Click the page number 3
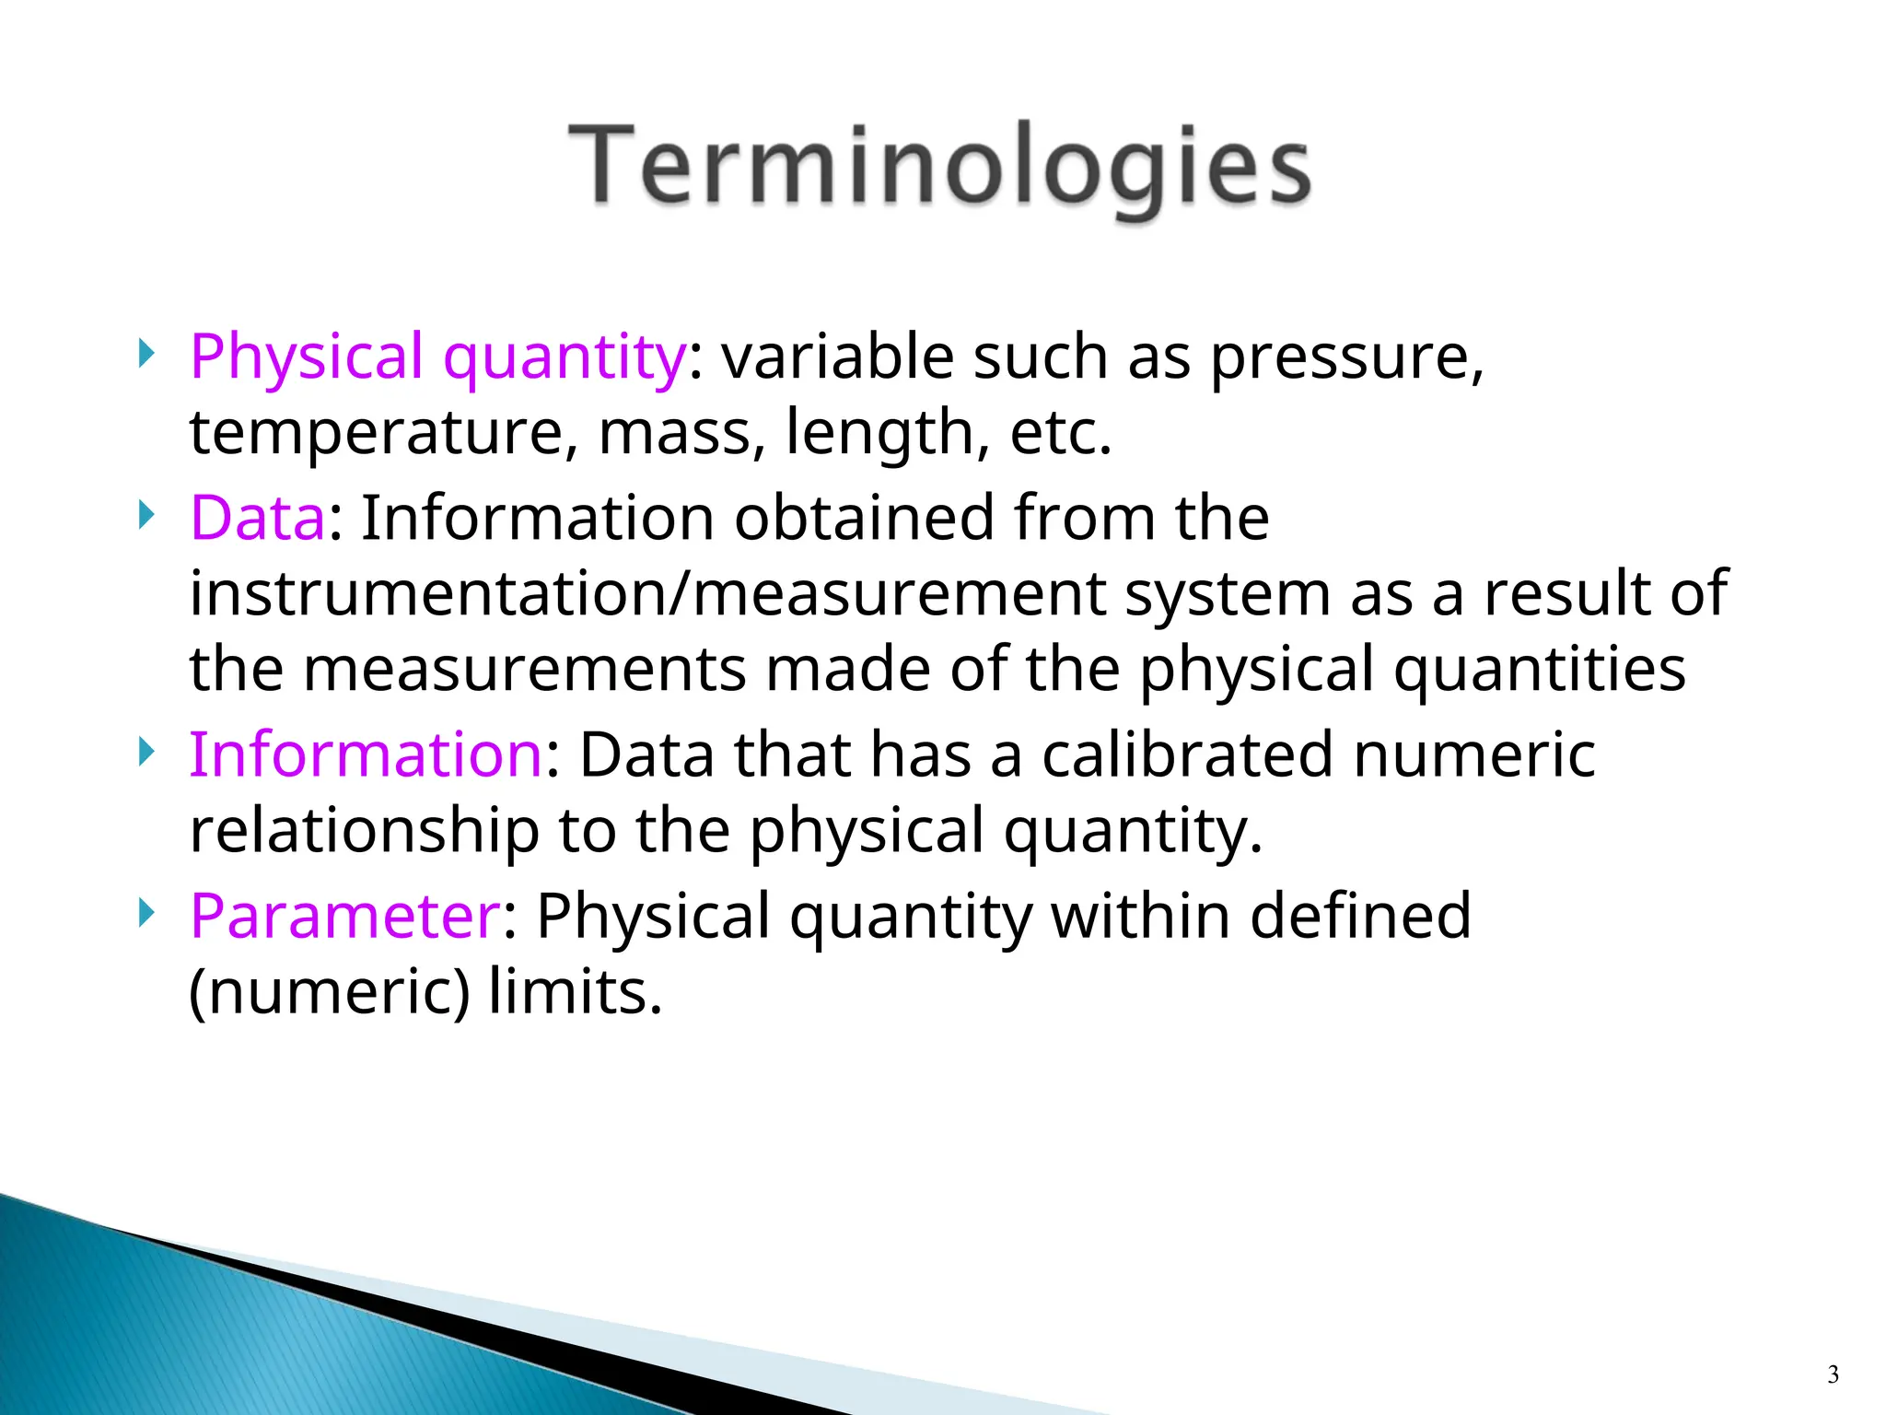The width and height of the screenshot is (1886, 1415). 1833,1375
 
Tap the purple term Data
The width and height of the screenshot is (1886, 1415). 257,518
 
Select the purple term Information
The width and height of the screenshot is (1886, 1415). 366,754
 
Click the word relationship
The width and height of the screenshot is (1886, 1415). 363,830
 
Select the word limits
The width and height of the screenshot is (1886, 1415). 575,992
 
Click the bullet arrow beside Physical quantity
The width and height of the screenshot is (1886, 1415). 146,354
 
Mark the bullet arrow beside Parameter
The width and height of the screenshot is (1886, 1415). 146,913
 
